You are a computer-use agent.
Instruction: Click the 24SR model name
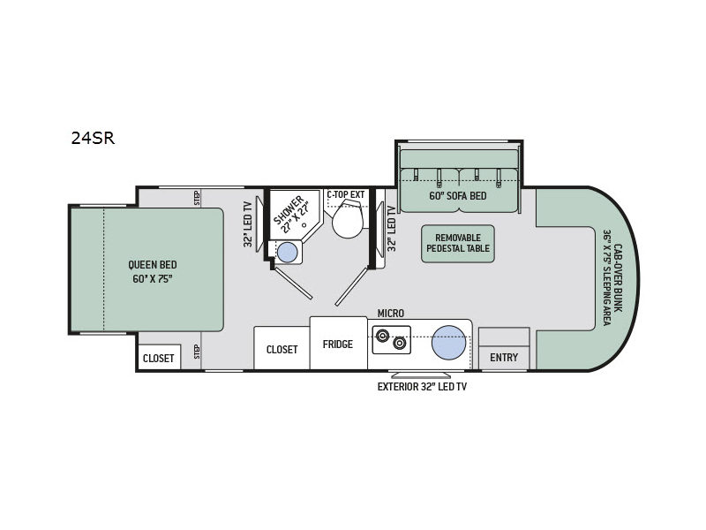click(93, 138)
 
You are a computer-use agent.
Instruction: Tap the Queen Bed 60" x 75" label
click(153, 272)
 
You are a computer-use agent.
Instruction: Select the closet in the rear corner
click(159, 358)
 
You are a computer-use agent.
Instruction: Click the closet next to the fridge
click(282, 349)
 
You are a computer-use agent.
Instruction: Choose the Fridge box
click(338, 344)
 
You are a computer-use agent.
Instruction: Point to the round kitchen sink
click(448, 343)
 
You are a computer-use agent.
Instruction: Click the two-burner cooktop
click(391, 339)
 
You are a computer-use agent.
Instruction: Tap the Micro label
click(390, 314)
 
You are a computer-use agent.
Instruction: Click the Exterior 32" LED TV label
click(422, 386)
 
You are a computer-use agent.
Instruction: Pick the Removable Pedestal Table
click(458, 244)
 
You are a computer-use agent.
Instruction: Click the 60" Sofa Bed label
click(458, 196)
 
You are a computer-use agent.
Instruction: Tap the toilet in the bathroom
click(347, 219)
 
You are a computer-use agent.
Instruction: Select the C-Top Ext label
click(346, 194)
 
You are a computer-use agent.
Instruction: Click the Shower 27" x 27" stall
click(293, 214)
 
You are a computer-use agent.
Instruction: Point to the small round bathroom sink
click(288, 252)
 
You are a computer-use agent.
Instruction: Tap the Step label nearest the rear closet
click(197, 352)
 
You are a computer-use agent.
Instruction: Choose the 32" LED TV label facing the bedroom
click(248, 223)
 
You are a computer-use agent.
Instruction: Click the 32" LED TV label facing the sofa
click(392, 228)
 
